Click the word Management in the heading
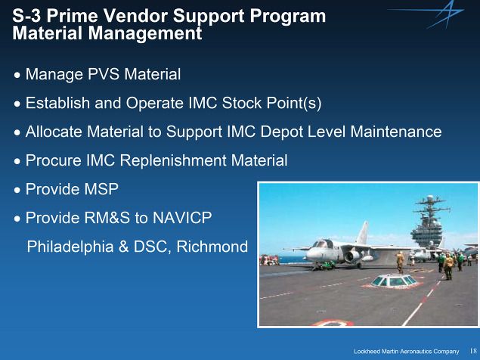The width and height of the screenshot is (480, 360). pyautogui.click(x=145, y=33)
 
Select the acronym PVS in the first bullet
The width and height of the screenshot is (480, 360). pyautogui.click(x=104, y=74)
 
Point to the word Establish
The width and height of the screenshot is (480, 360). pyautogui.click(x=57, y=103)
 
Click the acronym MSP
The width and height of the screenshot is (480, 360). pyautogui.click(x=101, y=189)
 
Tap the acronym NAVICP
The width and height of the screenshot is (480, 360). pyautogui.click(x=182, y=218)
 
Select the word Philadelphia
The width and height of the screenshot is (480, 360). pyautogui.click(x=70, y=247)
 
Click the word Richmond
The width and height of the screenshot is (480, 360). pyautogui.click(x=212, y=247)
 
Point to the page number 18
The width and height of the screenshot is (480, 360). pyautogui.click(x=473, y=351)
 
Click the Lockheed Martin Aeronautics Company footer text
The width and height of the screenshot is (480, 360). pyautogui.click(x=406, y=351)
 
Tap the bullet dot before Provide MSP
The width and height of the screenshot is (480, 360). pyautogui.click(x=17, y=190)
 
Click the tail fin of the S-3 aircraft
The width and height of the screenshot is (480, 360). pyautogui.click(x=362, y=233)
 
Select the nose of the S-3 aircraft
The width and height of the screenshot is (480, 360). pyautogui.click(x=310, y=254)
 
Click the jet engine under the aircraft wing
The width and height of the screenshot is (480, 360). pyautogui.click(x=353, y=256)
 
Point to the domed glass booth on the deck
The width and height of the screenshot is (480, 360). pyautogui.click(x=394, y=281)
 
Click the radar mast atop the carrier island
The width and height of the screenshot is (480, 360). pyautogui.click(x=431, y=208)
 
